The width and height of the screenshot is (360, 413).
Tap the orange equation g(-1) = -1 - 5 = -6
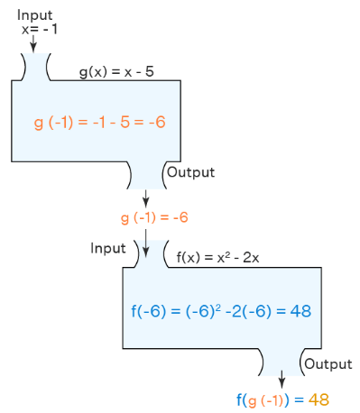(100, 122)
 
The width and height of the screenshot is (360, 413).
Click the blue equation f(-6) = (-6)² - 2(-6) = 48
(221, 311)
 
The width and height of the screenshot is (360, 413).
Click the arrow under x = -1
(33, 42)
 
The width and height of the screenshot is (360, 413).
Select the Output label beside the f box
(327, 363)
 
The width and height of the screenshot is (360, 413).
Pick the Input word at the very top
(34, 15)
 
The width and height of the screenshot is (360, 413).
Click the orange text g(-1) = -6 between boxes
(153, 218)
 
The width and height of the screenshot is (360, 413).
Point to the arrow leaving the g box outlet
(146, 197)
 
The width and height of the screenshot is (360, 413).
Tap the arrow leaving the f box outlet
(282, 378)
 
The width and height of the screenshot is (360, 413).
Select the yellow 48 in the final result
(319, 399)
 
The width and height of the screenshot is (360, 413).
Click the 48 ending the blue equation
(300, 311)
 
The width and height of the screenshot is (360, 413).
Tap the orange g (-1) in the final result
(265, 399)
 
